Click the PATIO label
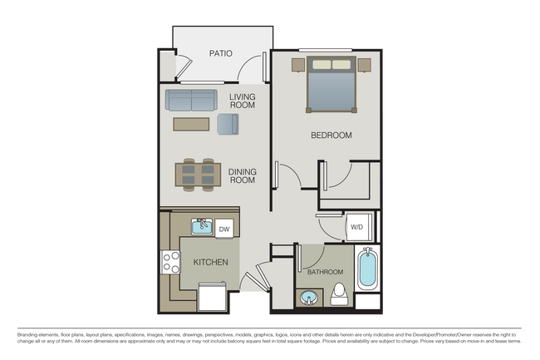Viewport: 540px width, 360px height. pyautogui.click(x=220, y=54)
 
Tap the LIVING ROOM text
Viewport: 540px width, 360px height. pyautogui.click(x=243, y=101)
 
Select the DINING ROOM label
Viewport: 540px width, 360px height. pyautogui.click(x=243, y=175)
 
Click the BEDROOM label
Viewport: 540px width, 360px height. pyautogui.click(x=331, y=135)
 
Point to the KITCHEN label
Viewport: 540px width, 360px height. pyautogui.click(x=210, y=262)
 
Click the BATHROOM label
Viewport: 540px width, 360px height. pyautogui.click(x=325, y=272)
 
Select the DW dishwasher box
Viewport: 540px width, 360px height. pyautogui.click(x=224, y=228)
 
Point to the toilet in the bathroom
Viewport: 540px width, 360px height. pyautogui.click(x=339, y=293)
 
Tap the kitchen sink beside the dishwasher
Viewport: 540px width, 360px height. pyautogui.click(x=202, y=226)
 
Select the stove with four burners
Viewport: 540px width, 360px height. pyautogui.click(x=171, y=263)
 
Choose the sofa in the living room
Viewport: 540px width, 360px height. pyautogui.click(x=190, y=101)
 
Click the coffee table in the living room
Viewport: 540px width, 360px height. pyautogui.click(x=192, y=124)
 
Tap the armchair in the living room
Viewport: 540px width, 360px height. pyautogui.click(x=228, y=124)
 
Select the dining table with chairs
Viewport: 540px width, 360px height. pyautogui.click(x=197, y=174)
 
